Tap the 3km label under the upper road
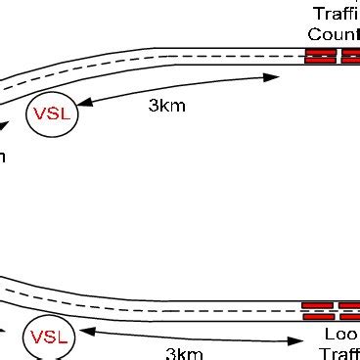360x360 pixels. tap(166, 107)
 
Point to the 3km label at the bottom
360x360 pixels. tap(183, 353)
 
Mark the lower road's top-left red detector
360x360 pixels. tap(318, 306)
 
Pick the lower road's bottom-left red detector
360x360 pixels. tap(318, 317)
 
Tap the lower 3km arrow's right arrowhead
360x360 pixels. tap(294, 341)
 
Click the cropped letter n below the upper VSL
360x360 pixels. tap(3, 157)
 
